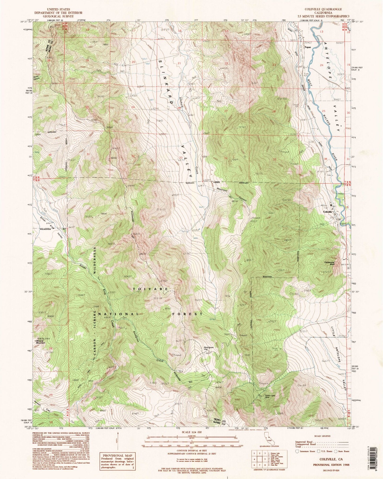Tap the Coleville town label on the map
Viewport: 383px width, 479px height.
327,212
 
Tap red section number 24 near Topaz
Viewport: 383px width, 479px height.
322,65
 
